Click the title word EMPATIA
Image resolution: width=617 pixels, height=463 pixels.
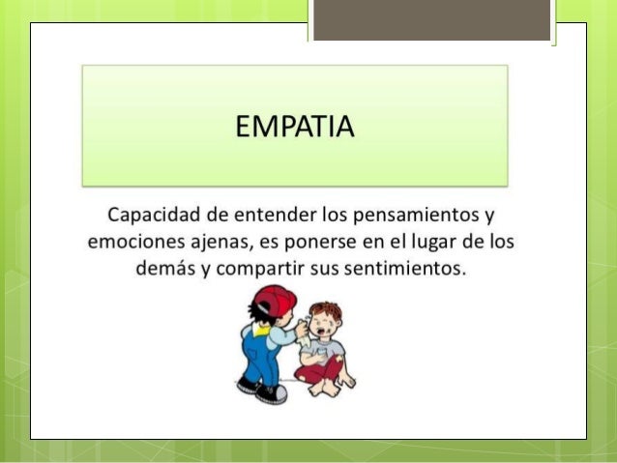(x=295, y=126)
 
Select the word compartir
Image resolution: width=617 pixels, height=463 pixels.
(x=253, y=266)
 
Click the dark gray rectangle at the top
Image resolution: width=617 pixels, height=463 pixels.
(x=431, y=19)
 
